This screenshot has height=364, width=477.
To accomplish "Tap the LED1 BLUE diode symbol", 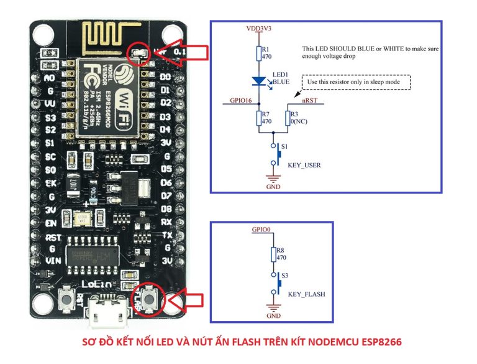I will click(260, 80).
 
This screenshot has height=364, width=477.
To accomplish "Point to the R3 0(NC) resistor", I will click(288, 118).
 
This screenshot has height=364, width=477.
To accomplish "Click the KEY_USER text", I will click(304, 165).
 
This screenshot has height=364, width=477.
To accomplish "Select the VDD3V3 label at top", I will click(259, 29).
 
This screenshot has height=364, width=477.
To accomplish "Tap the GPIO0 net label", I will click(261, 230).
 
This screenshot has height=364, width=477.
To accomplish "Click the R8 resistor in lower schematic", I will click(273, 254).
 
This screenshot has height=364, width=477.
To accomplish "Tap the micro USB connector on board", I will click(106, 314).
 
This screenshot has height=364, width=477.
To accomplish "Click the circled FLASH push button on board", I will click(149, 300).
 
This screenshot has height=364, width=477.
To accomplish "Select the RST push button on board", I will click(65, 302).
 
